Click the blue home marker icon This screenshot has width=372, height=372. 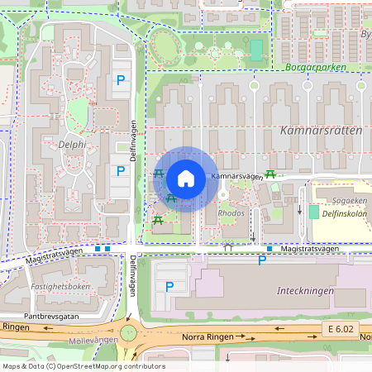(x=186, y=179)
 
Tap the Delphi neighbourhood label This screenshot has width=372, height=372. (x=73, y=143)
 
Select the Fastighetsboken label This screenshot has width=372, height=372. (x=60, y=286)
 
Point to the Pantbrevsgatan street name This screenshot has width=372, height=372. (x=51, y=316)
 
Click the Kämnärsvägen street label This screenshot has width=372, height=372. (x=236, y=176)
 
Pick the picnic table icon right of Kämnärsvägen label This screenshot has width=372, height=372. (x=270, y=174)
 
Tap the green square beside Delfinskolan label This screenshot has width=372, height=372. (x=314, y=212)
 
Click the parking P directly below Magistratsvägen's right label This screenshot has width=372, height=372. (x=263, y=261)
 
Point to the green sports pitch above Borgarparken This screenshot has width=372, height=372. (x=256, y=50)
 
